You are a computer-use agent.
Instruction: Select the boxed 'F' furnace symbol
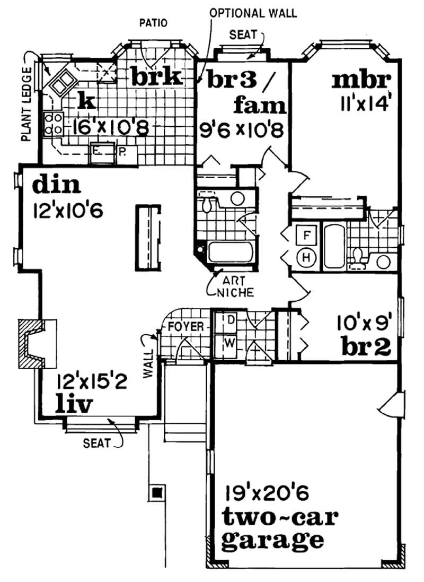tap(306, 233)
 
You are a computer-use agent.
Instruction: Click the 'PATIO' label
tap(153, 23)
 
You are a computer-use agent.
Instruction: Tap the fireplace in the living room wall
tap(37, 343)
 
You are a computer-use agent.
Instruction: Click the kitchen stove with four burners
tap(54, 123)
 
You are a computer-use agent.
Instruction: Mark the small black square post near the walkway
tap(157, 493)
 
